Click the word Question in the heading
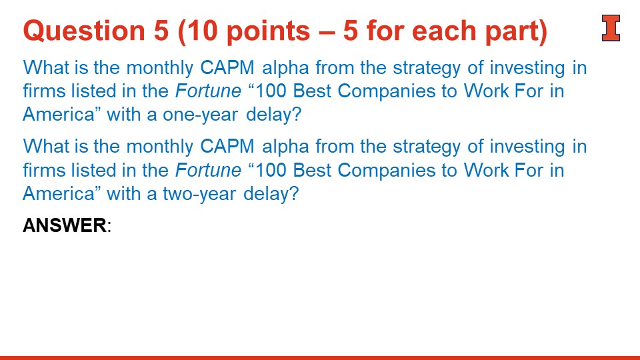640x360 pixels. (x=84, y=31)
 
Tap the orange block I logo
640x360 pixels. (x=611, y=28)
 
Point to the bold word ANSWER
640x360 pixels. (x=65, y=225)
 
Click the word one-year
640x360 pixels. (x=200, y=115)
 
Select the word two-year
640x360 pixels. (x=199, y=193)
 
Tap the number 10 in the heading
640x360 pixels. (x=202, y=31)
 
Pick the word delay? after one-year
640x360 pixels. (x=273, y=114)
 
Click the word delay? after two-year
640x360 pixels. (x=271, y=193)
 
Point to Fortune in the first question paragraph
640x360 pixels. (x=208, y=91)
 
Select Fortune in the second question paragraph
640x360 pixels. (x=208, y=170)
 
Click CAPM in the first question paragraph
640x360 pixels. (x=227, y=68)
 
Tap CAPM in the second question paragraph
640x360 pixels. (x=227, y=147)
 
